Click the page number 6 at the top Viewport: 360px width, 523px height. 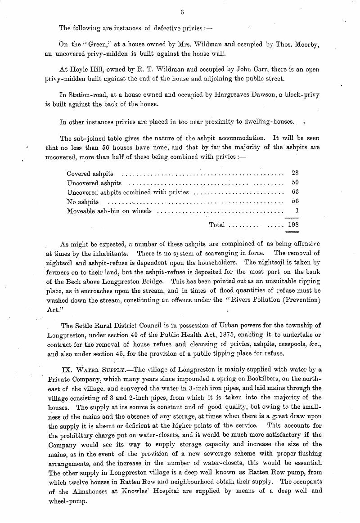[x=182, y=13]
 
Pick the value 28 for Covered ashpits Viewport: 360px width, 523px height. [x=295, y=173]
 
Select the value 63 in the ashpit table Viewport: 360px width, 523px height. [x=295, y=192]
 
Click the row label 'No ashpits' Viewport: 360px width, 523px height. [x=83, y=202]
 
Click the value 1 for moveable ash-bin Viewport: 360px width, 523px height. [x=297, y=211]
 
